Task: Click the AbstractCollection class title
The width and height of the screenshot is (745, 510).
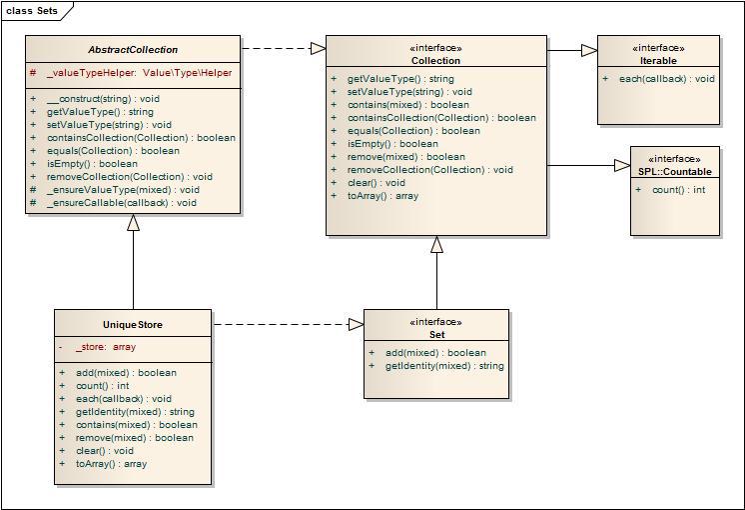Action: pyautogui.click(x=133, y=50)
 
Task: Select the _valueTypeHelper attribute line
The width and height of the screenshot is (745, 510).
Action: pyautogui.click(x=131, y=73)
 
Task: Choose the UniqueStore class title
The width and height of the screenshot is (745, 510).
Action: pyautogui.click(x=133, y=325)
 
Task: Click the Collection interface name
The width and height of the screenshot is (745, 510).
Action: pyautogui.click(x=435, y=61)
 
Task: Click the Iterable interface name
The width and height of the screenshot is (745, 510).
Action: pyautogui.click(x=658, y=61)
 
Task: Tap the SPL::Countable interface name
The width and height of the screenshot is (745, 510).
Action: pyautogui.click(x=675, y=172)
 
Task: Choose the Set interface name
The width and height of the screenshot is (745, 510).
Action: pyautogui.click(x=436, y=335)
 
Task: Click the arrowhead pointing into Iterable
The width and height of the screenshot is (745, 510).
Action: pyautogui.click(x=589, y=50)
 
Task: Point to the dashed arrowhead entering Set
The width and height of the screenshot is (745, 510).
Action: pyautogui.click(x=357, y=325)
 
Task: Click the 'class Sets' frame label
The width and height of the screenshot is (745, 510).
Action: pyautogui.click(x=32, y=10)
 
